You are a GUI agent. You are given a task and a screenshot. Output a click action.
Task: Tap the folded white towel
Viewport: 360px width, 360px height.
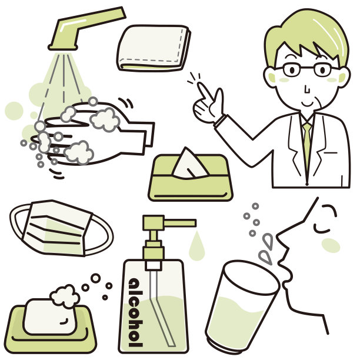point(154,48)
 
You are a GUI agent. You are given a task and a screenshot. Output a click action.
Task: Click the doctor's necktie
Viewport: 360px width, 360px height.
point(307,147)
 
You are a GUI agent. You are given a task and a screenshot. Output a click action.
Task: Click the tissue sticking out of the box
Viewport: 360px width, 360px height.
point(189,164)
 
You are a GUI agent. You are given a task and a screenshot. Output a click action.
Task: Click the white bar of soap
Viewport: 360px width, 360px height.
point(49,317)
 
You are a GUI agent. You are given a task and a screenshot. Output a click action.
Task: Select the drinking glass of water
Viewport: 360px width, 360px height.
point(241,305)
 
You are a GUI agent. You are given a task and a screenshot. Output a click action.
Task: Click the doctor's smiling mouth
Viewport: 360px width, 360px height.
point(308,105)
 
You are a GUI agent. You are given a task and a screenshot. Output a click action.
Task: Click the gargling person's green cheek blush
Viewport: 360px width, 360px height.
point(331,245)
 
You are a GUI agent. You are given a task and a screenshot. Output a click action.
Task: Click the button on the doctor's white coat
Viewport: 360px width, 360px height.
point(307,184)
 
